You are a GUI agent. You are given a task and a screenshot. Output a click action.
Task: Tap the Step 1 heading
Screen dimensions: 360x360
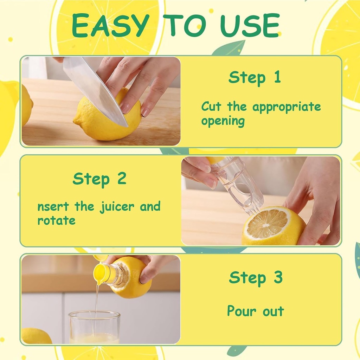[255, 77]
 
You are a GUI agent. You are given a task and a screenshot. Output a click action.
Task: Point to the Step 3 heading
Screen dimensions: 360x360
[256, 278]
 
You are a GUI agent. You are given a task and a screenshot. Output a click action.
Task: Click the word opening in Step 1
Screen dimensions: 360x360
[223, 122]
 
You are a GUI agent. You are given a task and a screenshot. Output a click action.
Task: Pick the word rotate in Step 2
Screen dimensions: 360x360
[56, 221]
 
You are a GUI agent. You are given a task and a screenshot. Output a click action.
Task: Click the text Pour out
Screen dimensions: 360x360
[255, 311]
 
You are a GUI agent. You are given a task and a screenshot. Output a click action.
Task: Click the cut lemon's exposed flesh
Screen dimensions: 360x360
[267, 223]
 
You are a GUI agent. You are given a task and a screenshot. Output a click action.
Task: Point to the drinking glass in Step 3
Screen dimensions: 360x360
[94, 327]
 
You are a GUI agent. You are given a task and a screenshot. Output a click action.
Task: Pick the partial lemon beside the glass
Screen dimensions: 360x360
[35, 336]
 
